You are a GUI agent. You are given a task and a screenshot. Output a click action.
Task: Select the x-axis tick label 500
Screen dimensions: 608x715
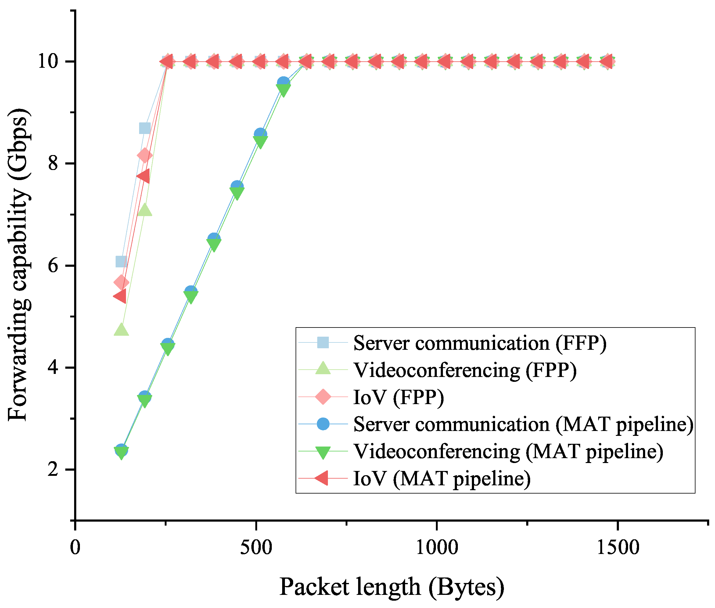pyautogui.click(x=256, y=547)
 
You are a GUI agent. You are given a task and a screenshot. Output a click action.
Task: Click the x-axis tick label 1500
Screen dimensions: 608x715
pyautogui.click(x=617, y=547)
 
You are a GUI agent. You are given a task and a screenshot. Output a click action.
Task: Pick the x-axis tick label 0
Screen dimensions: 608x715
pyautogui.click(x=75, y=547)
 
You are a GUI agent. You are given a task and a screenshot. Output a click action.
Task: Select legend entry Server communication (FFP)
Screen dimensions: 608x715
pyautogui.click(x=480, y=343)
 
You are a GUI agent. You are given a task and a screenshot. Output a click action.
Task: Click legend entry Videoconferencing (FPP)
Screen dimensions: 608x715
pyautogui.click(x=465, y=370)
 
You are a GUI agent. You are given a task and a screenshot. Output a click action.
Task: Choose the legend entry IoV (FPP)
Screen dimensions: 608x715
pyautogui.click(x=398, y=397)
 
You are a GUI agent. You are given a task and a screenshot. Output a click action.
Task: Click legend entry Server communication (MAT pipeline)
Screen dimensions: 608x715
pyautogui.click(x=523, y=424)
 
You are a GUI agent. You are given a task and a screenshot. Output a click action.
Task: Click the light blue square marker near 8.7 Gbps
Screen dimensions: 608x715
pyautogui.click(x=145, y=128)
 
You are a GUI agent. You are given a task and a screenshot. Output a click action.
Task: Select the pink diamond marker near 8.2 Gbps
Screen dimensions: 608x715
pyautogui.click(x=144, y=155)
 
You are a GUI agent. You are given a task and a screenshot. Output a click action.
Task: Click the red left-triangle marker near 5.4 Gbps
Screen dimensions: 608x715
pyautogui.click(x=120, y=296)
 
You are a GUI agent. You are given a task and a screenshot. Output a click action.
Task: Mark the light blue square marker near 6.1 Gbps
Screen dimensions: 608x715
pyautogui.click(x=121, y=262)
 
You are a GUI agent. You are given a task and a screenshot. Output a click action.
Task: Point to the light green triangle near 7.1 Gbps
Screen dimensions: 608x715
pyautogui.click(x=145, y=210)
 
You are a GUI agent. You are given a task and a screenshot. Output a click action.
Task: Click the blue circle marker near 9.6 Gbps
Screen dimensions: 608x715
pyautogui.click(x=283, y=83)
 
